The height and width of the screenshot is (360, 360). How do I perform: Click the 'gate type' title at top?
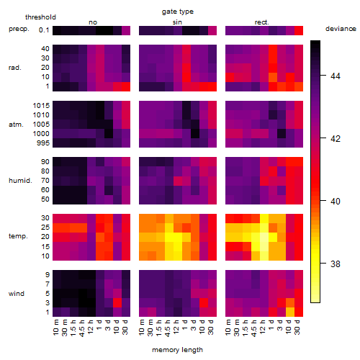coord(178,12)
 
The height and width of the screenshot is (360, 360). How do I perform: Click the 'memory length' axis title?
coord(177,350)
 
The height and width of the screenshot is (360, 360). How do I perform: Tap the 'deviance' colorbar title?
coord(341,29)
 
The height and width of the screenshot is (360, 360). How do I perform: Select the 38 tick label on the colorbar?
coord(336,264)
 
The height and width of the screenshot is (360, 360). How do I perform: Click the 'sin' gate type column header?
coord(177,22)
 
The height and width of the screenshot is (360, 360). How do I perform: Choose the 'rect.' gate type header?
coord(261,22)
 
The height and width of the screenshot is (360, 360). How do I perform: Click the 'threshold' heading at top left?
coord(40,17)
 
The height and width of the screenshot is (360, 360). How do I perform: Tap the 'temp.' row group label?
coord(18,236)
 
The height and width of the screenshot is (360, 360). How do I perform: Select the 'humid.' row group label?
coord(20,181)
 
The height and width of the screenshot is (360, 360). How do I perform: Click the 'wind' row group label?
coord(17,294)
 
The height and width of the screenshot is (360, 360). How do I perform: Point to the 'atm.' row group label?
coord(16,125)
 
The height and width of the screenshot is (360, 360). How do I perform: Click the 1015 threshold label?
coord(41,106)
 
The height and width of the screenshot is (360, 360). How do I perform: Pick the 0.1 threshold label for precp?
coord(44,30)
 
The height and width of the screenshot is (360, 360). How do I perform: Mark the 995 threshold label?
coord(43,143)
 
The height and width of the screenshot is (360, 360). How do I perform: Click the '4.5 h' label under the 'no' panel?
coord(83,328)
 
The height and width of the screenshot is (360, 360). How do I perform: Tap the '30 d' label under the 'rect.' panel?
coord(297,328)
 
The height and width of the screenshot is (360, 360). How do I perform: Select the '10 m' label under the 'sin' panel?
coord(142,328)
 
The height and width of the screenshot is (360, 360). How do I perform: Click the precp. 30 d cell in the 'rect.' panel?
coord(299,30)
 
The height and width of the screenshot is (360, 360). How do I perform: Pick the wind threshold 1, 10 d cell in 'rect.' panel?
coord(290,312)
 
